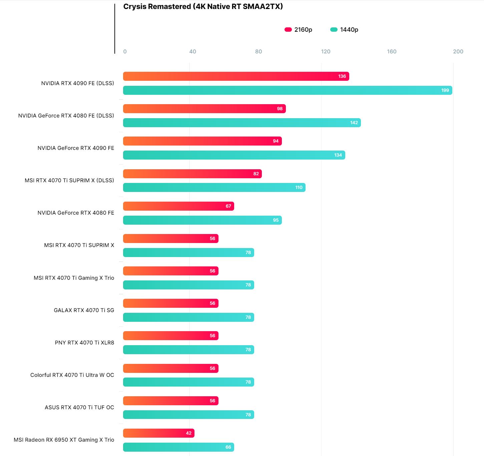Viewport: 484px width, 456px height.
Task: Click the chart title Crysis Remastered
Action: click(x=203, y=7)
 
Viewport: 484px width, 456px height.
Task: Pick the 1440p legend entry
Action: click(x=344, y=30)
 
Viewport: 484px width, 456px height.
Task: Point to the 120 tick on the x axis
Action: click(x=326, y=51)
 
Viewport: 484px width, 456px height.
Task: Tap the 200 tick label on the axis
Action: click(x=458, y=51)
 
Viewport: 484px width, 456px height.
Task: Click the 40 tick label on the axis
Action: click(x=192, y=51)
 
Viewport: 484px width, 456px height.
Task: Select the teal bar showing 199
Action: click(x=288, y=90)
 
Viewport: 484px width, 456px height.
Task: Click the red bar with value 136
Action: click(x=236, y=76)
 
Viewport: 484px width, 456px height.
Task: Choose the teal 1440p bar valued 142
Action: click(x=242, y=123)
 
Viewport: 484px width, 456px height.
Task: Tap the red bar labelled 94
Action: click(x=202, y=141)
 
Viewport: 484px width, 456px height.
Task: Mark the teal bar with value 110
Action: click(x=214, y=187)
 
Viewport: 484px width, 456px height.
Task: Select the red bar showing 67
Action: click(x=178, y=206)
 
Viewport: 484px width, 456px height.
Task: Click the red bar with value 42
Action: click(x=158, y=433)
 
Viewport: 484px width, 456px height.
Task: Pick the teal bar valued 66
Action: click(x=178, y=447)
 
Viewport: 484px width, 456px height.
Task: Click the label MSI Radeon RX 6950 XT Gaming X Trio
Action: click(x=64, y=440)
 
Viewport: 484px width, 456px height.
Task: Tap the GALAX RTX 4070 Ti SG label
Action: click(x=84, y=310)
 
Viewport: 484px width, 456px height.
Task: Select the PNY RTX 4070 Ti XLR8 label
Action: click(x=84, y=343)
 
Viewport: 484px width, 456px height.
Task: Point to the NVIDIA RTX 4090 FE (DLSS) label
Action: click(x=77, y=83)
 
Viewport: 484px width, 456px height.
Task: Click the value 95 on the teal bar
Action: click(x=276, y=220)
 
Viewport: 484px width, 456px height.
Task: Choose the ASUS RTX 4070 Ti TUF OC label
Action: click(x=79, y=407)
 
